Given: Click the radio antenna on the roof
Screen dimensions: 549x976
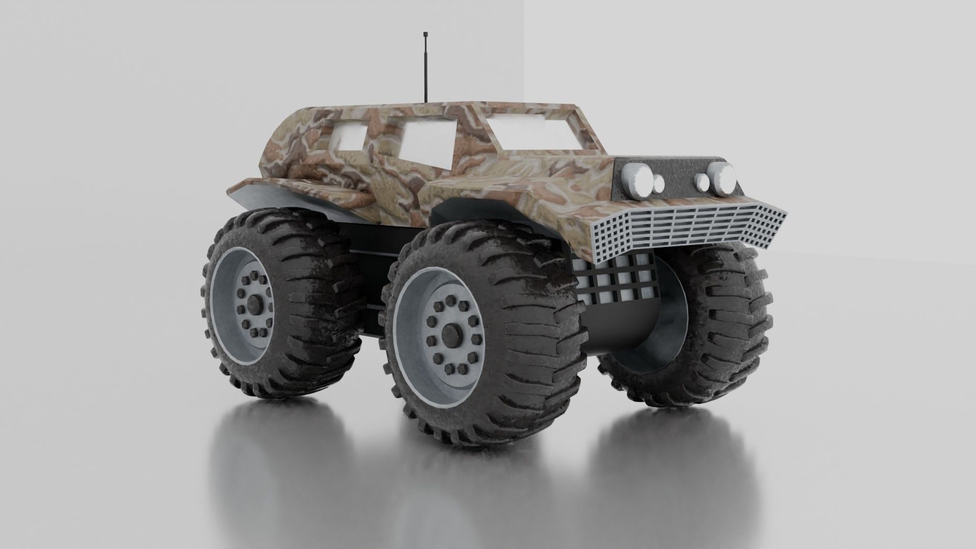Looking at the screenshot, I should pos(424,71).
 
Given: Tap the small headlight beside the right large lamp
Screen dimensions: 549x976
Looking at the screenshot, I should pos(702,180).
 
